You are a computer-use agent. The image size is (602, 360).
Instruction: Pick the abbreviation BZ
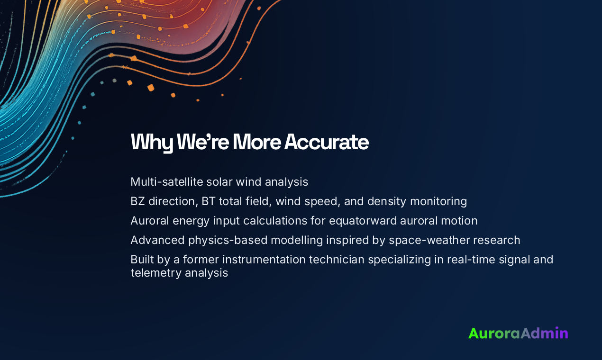click(x=138, y=201)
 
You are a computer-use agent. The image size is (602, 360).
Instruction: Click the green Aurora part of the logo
click(x=494, y=333)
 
